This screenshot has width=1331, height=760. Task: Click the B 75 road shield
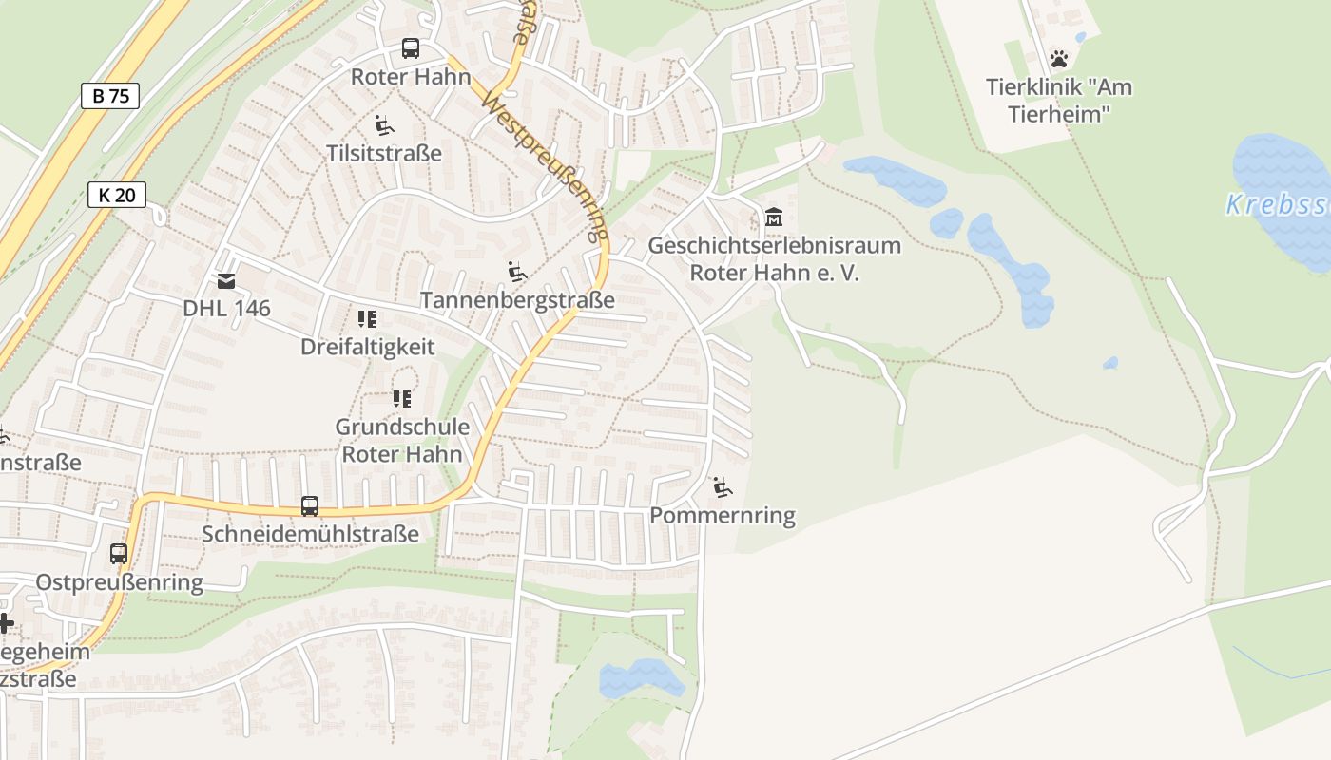click(110, 95)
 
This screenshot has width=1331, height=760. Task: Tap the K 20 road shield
click(117, 195)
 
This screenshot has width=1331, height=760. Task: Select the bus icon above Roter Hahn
click(411, 48)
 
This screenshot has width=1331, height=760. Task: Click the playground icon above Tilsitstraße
click(384, 125)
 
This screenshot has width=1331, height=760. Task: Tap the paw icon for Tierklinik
click(1059, 59)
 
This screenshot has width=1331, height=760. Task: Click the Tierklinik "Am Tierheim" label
click(1059, 101)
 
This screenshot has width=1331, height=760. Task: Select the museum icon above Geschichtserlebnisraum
click(774, 218)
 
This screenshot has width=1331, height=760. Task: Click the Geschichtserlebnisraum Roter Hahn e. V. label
click(774, 259)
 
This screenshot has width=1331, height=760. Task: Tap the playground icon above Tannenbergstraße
click(517, 273)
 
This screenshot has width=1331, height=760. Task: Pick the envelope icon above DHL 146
click(226, 280)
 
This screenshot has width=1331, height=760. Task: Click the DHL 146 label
click(226, 308)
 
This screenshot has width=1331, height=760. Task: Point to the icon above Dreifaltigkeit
click(367, 319)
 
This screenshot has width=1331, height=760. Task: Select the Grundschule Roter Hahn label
click(402, 440)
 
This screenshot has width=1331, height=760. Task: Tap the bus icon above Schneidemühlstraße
click(310, 506)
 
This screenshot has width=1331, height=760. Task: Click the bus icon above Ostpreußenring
click(119, 554)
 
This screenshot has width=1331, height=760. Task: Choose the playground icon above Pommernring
click(723, 488)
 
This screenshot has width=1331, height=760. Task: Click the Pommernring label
click(723, 516)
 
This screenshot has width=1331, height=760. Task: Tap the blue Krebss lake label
click(1277, 205)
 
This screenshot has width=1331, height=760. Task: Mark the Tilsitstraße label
click(384, 153)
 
